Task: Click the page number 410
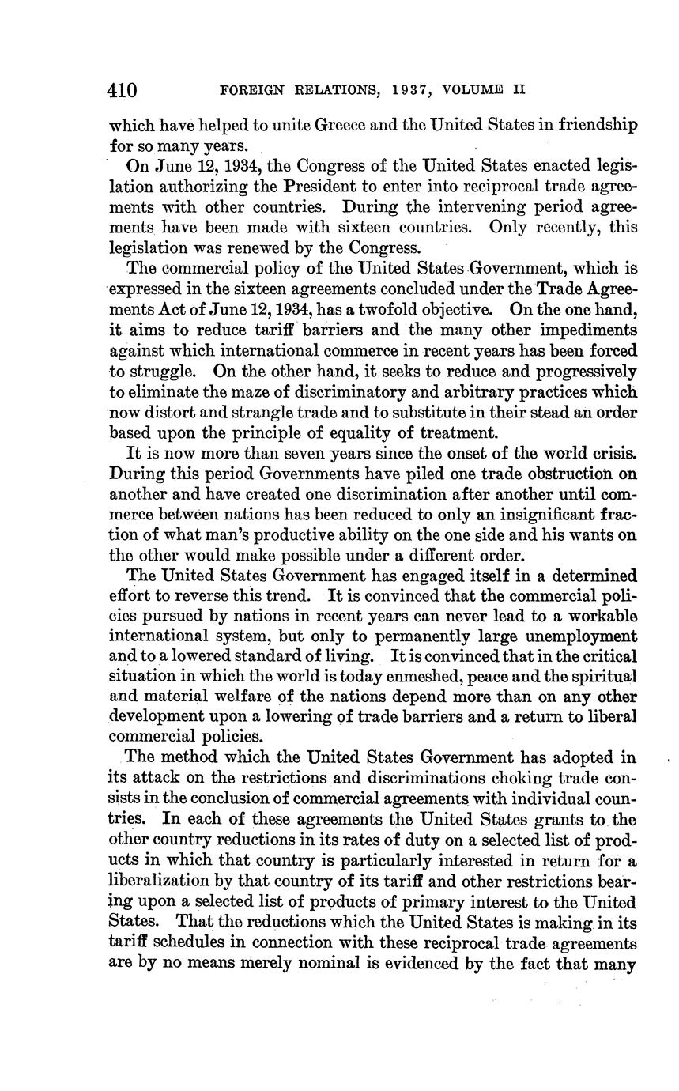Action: click(x=123, y=89)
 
